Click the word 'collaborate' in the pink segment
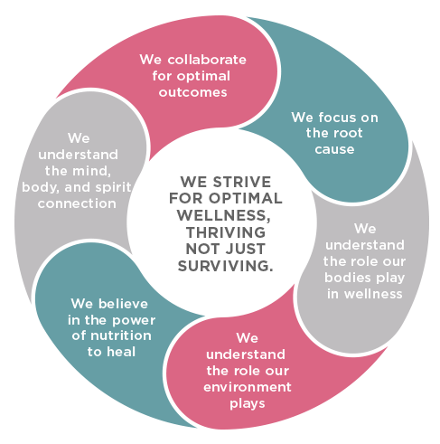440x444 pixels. (x=207, y=60)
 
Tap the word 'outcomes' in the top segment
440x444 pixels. (x=192, y=92)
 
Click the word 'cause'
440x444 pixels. (x=334, y=149)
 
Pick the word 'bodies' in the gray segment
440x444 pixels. (x=347, y=278)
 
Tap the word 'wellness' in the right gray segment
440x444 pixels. (x=373, y=294)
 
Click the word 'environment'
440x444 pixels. (x=248, y=387)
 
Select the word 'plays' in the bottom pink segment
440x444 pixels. (x=248, y=404)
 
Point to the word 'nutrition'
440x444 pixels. (x=121, y=335)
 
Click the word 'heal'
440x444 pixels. (x=121, y=352)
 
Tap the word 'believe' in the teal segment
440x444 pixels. (x=123, y=304)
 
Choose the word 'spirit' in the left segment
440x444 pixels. (x=113, y=188)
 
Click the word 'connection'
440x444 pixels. (x=77, y=203)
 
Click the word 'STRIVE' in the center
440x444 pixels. (x=242, y=182)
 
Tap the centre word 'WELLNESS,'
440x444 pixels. (x=223, y=215)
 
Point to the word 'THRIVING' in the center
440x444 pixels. (x=226, y=232)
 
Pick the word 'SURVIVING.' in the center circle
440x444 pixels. (x=225, y=266)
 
